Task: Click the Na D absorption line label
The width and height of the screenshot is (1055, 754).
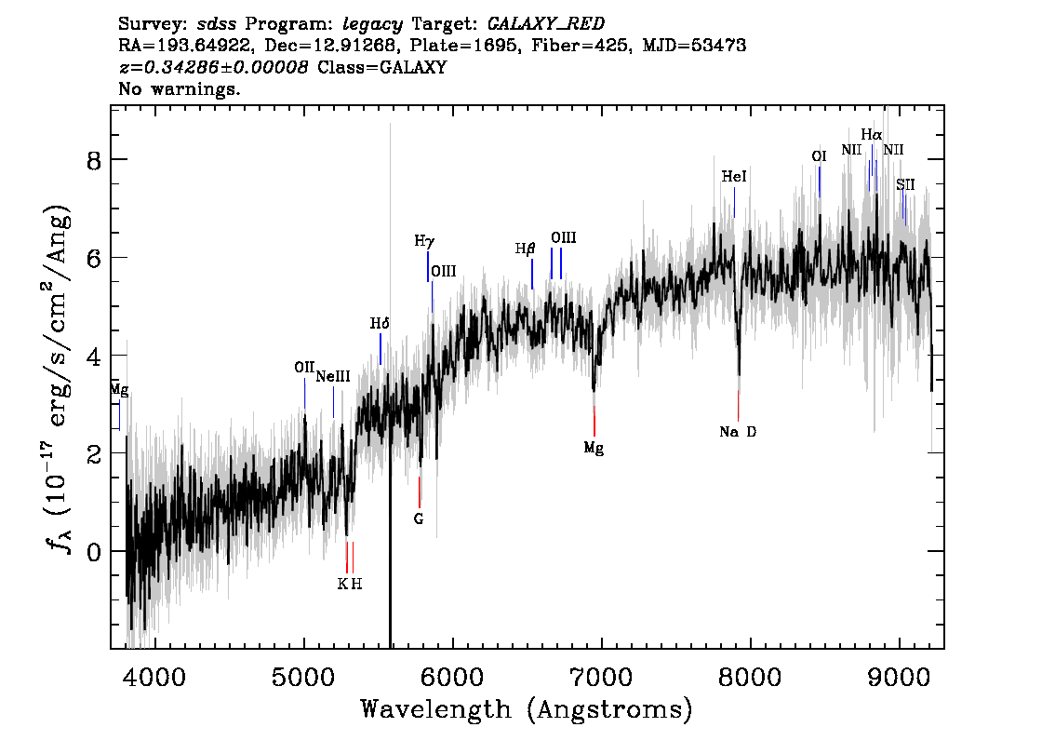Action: (738, 432)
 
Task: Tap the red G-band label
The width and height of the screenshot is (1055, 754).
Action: (419, 518)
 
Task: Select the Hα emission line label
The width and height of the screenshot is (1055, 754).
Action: (872, 135)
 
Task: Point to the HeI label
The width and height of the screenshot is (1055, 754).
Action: (734, 176)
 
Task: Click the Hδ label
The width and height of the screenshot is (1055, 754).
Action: (380, 324)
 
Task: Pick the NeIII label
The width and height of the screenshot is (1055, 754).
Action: (333, 376)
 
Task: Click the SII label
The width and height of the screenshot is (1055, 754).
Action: (905, 184)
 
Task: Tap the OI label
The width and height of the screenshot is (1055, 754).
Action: (819, 156)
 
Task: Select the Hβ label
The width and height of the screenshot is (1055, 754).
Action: (525, 249)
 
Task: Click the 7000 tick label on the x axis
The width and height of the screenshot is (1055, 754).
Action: (601, 678)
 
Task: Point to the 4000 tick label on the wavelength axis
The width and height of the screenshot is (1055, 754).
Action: (155, 678)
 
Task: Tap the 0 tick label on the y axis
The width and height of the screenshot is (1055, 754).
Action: (94, 552)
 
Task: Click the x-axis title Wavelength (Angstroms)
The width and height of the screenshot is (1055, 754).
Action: (527, 709)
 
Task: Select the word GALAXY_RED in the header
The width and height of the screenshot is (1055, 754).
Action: (546, 24)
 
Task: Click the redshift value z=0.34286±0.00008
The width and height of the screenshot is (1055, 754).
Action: (214, 67)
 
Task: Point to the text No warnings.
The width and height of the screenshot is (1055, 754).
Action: (179, 88)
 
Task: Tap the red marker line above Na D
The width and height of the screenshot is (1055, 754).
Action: (738, 406)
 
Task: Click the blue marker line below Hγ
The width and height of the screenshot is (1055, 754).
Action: (428, 266)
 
